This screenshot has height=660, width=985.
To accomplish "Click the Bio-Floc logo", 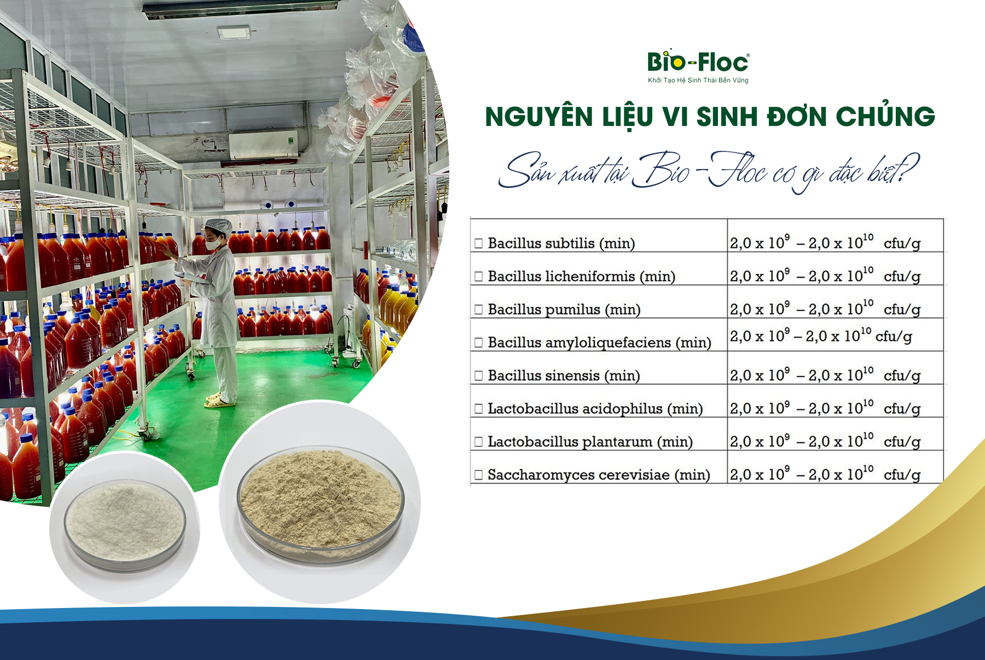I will [698, 62].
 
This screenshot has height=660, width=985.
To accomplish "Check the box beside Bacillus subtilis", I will [479, 243].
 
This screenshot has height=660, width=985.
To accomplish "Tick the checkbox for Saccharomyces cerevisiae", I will [479, 474].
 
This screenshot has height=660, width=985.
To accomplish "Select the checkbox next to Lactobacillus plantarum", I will [479, 442].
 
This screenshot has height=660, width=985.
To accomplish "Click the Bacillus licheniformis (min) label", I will [581, 276].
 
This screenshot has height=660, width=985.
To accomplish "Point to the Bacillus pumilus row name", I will [564, 310].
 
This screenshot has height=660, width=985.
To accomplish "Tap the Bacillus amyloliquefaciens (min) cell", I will [599, 343].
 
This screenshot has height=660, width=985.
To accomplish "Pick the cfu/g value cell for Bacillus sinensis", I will [825, 375].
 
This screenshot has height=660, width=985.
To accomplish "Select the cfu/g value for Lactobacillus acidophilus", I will [825, 408].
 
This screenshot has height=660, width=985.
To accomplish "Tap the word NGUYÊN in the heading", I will [539, 117].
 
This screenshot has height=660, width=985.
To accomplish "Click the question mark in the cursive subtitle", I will [909, 169].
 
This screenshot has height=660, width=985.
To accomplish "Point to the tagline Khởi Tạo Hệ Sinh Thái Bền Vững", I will [698, 80].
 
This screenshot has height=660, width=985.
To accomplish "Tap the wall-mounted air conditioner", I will [263, 145].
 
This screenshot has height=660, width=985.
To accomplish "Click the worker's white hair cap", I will [218, 225].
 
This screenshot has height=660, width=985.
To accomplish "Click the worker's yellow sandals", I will [219, 401].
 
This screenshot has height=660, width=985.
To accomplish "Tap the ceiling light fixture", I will [234, 33].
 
